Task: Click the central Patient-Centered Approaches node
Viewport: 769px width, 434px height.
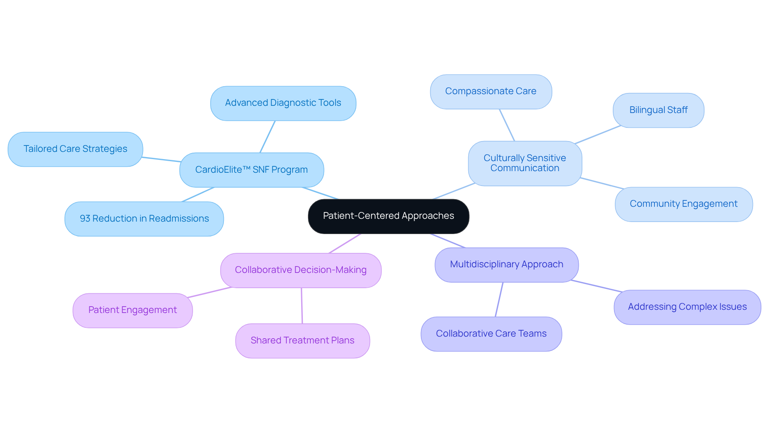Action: point(388,216)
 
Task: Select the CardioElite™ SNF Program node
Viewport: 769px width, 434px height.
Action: point(252,170)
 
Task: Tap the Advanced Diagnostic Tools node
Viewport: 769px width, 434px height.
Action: point(283,103)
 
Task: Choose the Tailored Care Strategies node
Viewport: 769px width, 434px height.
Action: point(75,149)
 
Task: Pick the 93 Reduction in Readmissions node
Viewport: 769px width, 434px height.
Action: point(144,219)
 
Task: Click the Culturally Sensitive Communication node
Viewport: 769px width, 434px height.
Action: point(525,163)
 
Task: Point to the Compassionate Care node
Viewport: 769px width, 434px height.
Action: point(491,91)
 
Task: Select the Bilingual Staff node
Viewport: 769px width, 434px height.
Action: point(658,110)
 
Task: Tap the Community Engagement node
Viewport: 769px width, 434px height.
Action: point(683,204)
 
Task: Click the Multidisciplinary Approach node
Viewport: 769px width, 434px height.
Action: point(506,264)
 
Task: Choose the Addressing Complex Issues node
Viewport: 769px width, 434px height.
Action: point(687,307)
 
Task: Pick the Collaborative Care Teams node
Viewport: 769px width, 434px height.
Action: point(491,334)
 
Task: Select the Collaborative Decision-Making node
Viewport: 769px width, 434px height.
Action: point(300,270)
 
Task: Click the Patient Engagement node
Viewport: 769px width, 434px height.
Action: point(133,310)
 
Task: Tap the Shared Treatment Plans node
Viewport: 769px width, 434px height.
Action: point(302,341)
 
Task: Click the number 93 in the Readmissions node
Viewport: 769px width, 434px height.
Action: point(85,219)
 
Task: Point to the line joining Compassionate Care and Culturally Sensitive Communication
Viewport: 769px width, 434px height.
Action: point(507,125)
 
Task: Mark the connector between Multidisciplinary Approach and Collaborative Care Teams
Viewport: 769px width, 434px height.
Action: point(499,300)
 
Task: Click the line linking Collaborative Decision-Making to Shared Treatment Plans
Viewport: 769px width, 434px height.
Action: point(302,306)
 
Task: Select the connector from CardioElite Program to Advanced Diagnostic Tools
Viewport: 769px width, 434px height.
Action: point(268,137)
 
